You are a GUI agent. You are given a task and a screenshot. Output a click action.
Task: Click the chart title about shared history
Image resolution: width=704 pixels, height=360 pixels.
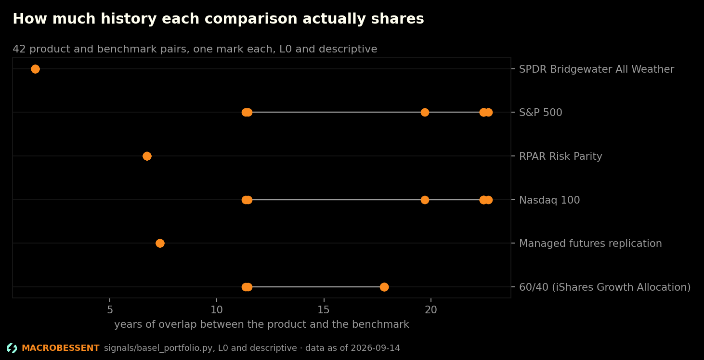(x=219, y=19)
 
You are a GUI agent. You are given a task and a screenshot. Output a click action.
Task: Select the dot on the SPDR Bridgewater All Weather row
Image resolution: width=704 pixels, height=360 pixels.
(x=35, y=69)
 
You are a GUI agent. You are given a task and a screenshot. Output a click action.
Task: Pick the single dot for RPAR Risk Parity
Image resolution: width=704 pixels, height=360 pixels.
(x=147, y=156)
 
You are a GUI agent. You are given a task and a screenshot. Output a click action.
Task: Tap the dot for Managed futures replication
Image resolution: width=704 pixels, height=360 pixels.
(x=160, y=243)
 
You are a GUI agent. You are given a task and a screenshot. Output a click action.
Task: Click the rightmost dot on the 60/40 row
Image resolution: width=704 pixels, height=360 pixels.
(x=384, y=287)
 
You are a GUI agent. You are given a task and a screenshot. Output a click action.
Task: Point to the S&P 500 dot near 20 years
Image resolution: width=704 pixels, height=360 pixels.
(x=425, y=113)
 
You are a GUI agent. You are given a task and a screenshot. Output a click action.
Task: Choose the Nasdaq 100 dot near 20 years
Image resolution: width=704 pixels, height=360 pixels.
(x=425, y=200)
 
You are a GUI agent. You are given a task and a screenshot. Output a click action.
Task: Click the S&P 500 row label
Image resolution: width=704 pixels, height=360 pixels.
(x=541, y=113)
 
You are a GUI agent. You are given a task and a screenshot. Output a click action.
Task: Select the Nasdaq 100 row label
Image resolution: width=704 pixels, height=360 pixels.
(x=549, y=200)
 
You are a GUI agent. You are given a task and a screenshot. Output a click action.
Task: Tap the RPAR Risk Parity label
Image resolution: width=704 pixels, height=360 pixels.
(x=561, y=156)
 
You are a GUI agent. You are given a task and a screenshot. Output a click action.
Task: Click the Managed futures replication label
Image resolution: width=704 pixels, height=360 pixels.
(x=590, y=244)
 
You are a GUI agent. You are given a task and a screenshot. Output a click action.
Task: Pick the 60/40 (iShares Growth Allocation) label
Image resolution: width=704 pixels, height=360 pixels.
(x=605, y=287)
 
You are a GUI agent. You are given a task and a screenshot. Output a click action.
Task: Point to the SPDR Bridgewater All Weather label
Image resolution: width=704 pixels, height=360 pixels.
(x=597, y=69)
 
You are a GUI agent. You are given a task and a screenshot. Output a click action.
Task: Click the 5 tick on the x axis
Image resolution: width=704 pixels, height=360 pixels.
(x=110, y=310)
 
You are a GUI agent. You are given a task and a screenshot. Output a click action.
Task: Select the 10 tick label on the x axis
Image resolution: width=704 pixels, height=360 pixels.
(x=217, y=310)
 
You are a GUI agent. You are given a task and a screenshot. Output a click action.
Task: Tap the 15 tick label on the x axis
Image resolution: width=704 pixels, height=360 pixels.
(x=324, y=310)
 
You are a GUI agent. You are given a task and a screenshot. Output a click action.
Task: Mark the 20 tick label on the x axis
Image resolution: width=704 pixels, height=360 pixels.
(x=431, y=310)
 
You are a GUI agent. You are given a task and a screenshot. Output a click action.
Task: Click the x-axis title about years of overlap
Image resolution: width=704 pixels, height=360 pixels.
(x=262, y=324)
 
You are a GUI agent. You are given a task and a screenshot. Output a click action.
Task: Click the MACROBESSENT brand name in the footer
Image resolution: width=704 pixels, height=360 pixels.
(x=61, y=348)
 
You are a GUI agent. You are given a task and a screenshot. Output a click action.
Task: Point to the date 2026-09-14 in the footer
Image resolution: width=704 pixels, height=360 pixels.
(x=375, y=348)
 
